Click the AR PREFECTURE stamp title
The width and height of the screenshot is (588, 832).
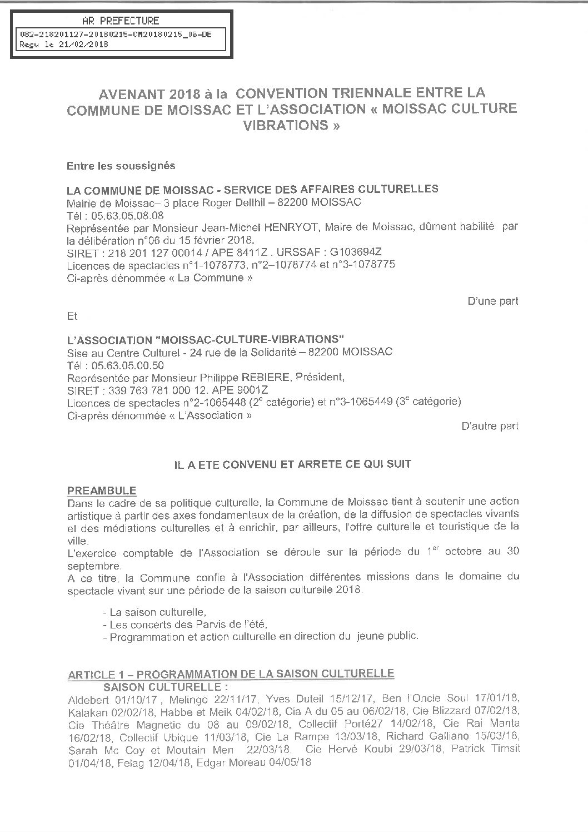[x=120, y=21]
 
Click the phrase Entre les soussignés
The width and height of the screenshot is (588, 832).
[x=121, y=166]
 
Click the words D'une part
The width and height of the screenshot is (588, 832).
[x=493, y=301]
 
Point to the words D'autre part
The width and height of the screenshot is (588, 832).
[x=490, y=426]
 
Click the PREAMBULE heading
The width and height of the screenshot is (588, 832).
[x=101, y=491]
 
